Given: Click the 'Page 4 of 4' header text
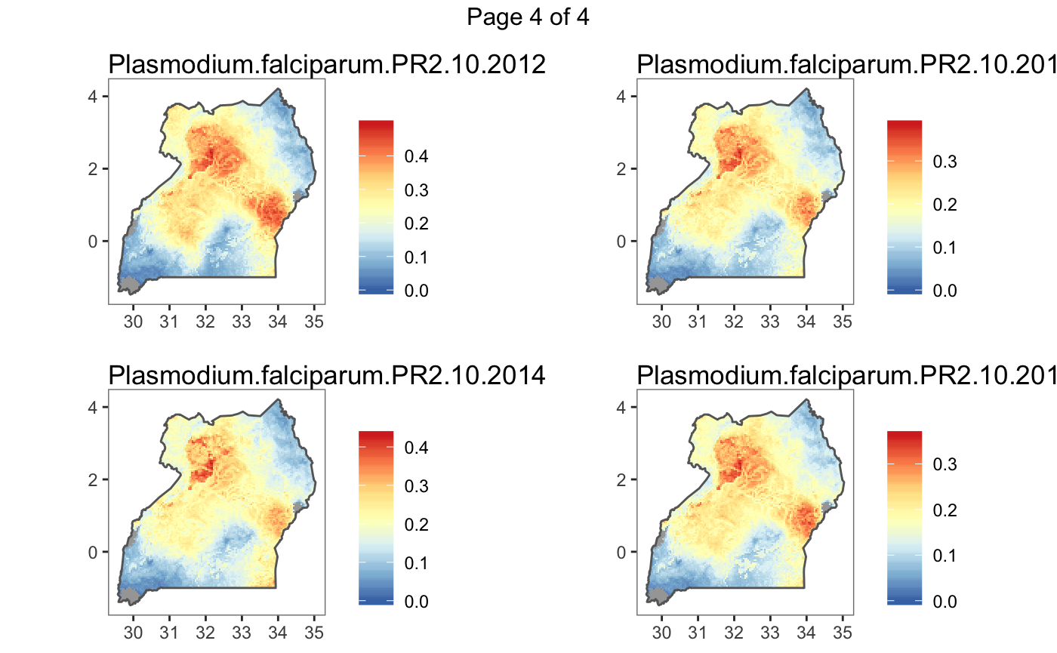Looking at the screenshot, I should coord(528,17).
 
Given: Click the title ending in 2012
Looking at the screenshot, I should coord(327,65).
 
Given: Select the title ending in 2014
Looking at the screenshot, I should coord(327,375).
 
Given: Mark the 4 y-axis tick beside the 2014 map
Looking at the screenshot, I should coord(94,408).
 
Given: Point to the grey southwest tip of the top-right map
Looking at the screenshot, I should coord(660,285).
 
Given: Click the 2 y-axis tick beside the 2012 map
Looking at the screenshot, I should coord(94,169).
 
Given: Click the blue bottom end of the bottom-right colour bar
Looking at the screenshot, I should coord(904,601).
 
